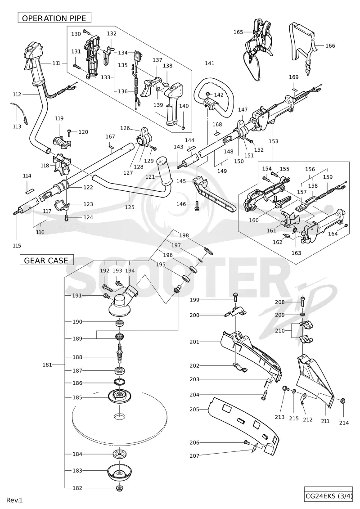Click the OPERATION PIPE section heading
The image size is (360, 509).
point(54,18)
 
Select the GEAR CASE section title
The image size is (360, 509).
point(46,260)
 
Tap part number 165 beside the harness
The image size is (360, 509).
point(238,32)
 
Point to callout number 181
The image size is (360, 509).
point(47,365)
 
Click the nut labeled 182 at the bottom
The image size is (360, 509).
point(120,487)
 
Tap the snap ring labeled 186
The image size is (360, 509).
point(119,382)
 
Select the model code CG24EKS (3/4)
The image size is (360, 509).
point(328,496)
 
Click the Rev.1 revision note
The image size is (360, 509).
point(14,500)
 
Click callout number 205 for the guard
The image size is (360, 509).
point(194,410)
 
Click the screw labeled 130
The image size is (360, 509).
point(86,32)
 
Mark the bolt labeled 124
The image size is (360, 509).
point(67,217)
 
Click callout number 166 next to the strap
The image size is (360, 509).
point(330,45)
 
